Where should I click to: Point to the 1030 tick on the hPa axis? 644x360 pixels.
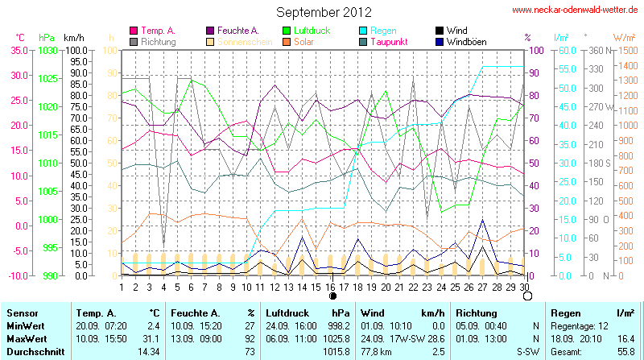[x=48, y=50]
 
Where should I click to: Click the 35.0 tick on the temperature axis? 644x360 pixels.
[x=18, y=50]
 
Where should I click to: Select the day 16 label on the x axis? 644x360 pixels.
[x=332, y=287]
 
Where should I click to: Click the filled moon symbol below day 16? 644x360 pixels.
[x=332, y=296]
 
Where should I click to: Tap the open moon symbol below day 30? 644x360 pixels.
[x=527, y=296]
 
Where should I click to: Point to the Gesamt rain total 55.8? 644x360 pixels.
[x=624, y=352]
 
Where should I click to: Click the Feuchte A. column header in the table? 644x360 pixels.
[x=193, y=312]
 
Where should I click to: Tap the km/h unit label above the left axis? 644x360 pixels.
[x=74, y=38]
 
